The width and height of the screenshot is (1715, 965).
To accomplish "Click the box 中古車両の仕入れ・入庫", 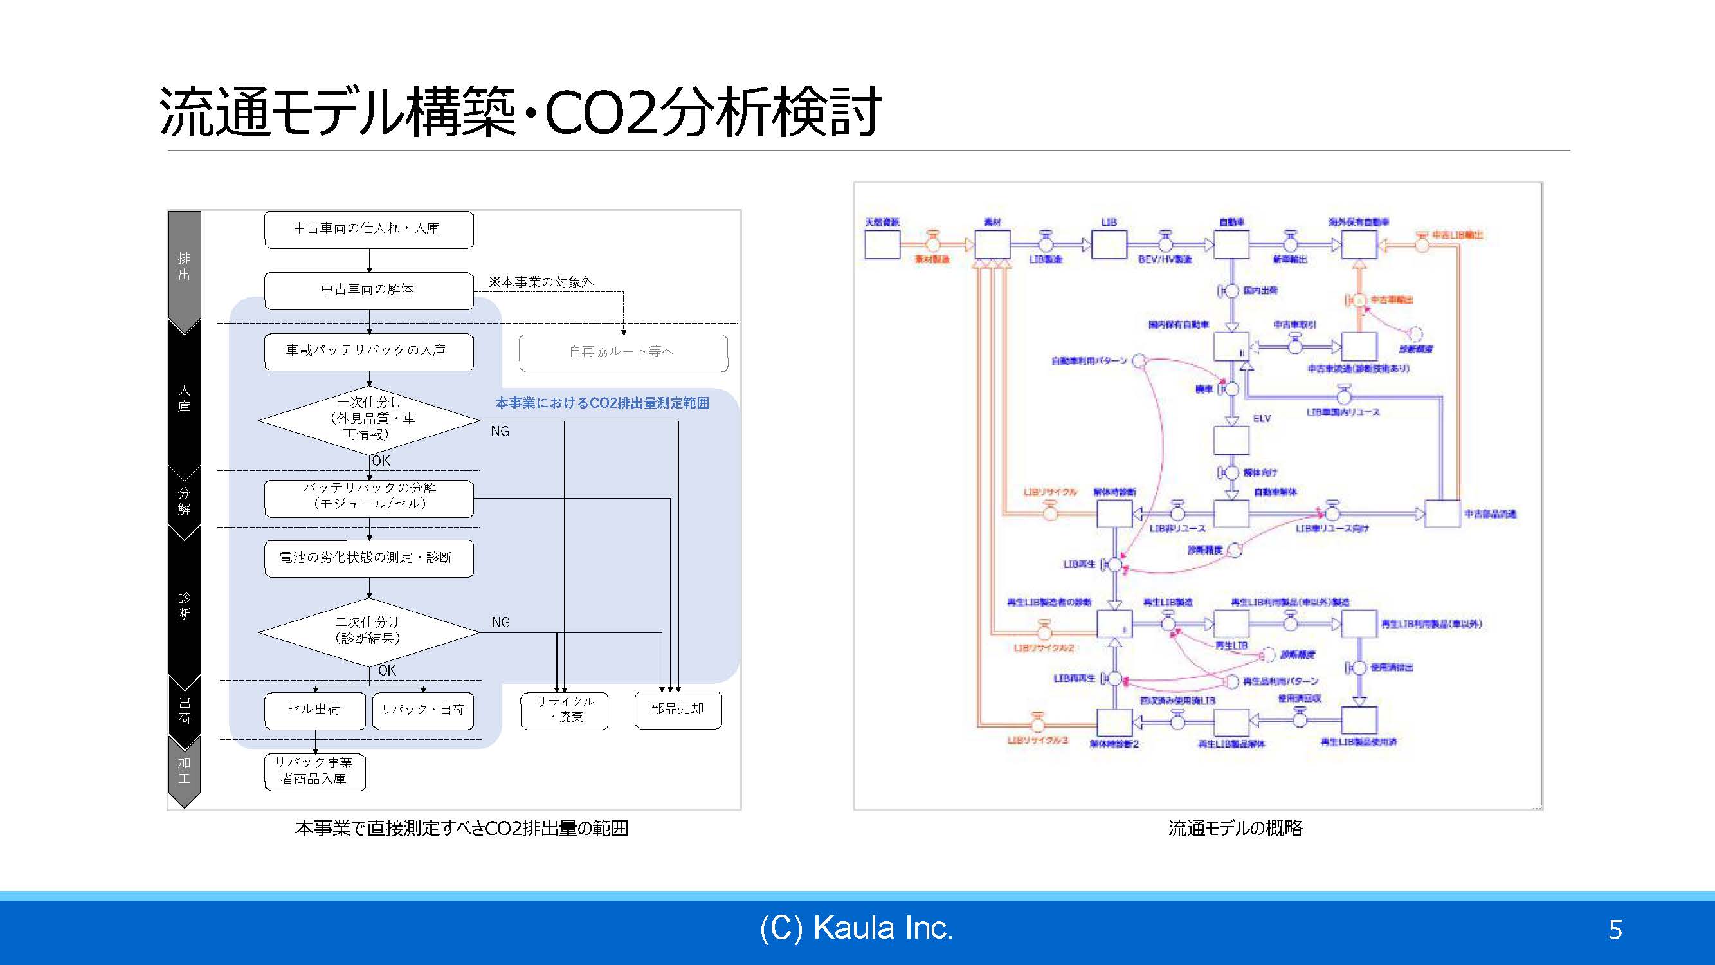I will (369, 229).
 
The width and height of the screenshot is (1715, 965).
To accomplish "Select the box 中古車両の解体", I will (369, 289).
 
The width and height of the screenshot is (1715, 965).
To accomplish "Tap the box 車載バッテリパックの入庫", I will (369, 351).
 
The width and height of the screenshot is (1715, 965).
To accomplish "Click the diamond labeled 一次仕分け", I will (369, 419).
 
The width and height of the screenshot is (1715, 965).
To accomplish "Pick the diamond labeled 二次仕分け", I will (369, 630).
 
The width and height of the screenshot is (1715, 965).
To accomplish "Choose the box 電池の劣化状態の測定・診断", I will (369, 558).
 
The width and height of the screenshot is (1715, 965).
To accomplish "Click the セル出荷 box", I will (314, 710).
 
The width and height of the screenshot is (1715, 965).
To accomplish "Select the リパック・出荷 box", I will (422, 710).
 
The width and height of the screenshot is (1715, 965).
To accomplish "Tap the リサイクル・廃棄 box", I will (565, 710).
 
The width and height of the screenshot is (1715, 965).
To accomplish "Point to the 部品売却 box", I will (678, 710).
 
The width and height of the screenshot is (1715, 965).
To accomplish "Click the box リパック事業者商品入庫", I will (314, 771).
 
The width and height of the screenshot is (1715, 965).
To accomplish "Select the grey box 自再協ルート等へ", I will (622, 353).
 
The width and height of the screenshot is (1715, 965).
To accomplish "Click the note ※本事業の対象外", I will (541, 282).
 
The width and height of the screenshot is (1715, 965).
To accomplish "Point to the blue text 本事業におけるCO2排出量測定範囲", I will (602, 403).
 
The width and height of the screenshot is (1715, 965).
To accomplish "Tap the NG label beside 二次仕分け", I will (501, 623).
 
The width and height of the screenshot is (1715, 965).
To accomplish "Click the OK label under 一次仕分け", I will (381, 461).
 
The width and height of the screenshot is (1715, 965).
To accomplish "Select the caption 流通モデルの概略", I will (1235, 829).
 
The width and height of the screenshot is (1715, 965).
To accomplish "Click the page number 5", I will (1615, 930).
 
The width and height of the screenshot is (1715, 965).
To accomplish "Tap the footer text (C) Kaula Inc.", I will (856, 928).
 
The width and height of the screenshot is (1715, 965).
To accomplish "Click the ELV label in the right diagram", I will (1262, 419).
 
